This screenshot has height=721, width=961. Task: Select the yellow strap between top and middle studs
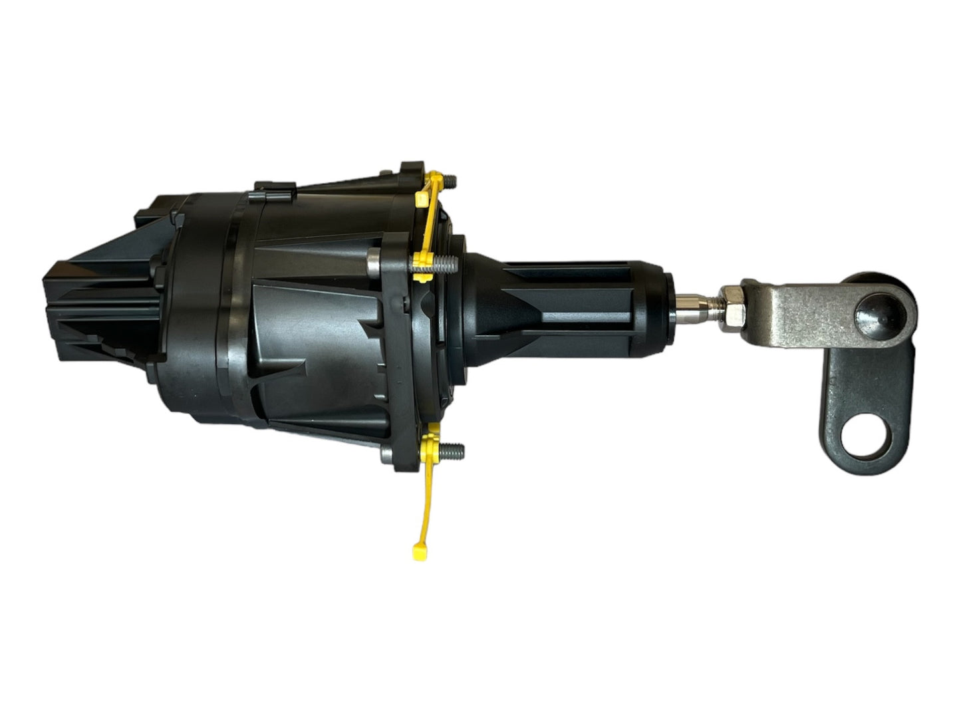point(432,219)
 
